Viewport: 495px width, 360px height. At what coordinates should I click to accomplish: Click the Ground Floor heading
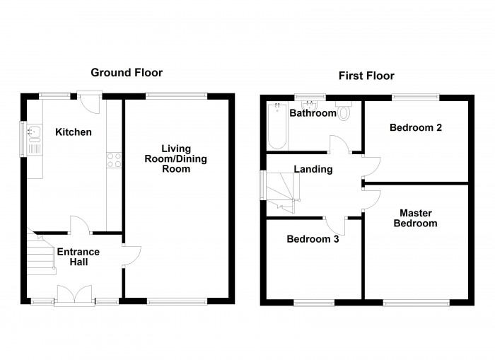click(x=127, y=72)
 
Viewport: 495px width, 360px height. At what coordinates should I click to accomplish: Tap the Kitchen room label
click(x=74, y=132)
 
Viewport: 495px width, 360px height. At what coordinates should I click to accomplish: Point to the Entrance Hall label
click(x=78, y=257)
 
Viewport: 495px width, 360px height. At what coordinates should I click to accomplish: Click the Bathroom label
click(x=313, y=112)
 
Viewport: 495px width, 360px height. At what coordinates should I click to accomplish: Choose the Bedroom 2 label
click(x=415, y=128)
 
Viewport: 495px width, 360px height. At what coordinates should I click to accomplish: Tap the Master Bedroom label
click(x=417, y=218)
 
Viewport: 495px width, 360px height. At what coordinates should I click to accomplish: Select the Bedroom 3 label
click(x=313, y=239)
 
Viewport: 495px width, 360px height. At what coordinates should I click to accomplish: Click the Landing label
click(x=314, y=169)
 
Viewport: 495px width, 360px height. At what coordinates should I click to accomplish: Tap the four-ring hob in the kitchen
click(x=112, y=161)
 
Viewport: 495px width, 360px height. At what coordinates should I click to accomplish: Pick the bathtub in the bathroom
click(x=276, y=126)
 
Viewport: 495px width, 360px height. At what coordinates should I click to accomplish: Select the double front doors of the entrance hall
click(x=74, y=295)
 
